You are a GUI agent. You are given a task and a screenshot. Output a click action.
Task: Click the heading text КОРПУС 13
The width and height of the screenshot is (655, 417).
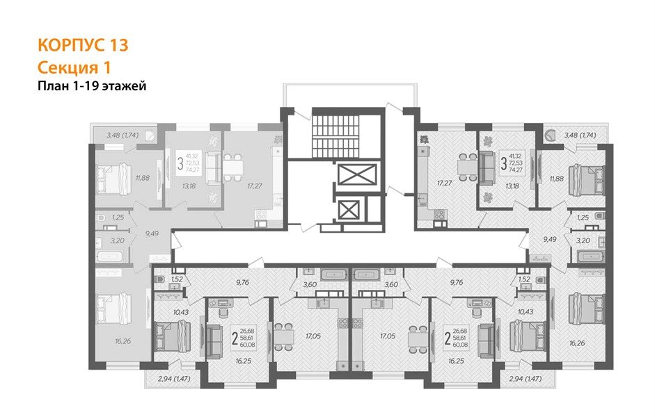coord(82,46)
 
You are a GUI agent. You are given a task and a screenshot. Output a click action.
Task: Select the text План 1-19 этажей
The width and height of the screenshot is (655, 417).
coord(90,85)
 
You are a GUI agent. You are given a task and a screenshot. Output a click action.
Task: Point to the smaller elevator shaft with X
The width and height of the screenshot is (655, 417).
coord(351,208)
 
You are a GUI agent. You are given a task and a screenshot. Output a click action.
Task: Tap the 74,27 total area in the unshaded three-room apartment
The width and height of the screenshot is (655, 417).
coord(516,169)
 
